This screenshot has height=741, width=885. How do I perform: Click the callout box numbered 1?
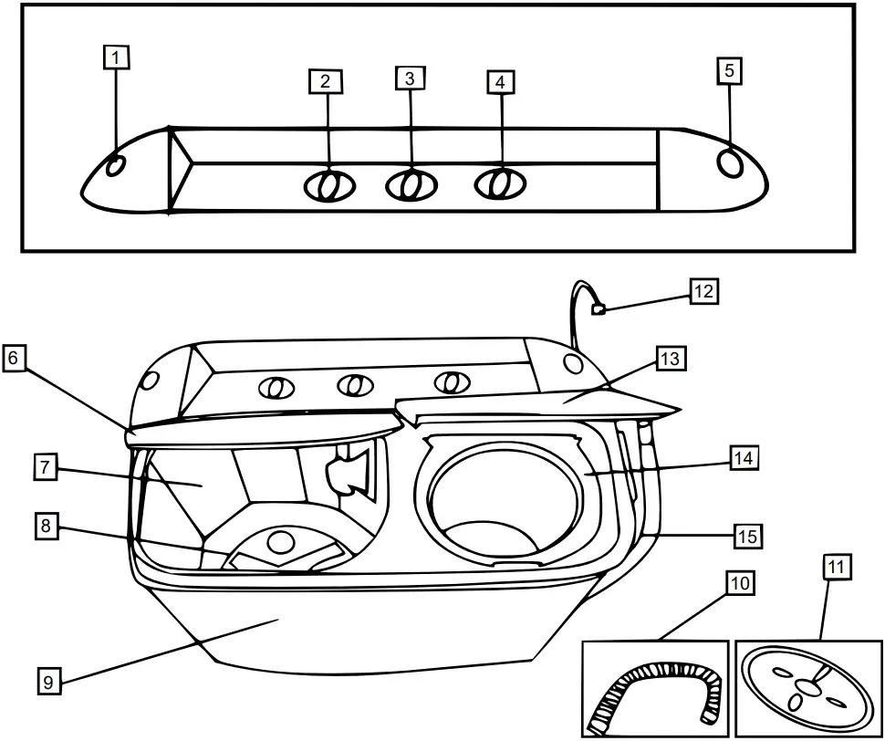tap(115, 57)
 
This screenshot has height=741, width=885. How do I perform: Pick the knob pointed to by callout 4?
tap(499, 183)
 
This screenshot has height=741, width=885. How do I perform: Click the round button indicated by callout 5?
tap(732, 162)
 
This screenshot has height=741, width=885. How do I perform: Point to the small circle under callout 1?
tap(117, 167)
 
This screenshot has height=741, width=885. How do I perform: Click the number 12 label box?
tap(703, 291)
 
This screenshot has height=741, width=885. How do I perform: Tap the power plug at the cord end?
tap(599, 308)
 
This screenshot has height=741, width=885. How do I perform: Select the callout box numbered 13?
tap(670, 359)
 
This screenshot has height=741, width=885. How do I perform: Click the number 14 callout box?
tap(744, 458)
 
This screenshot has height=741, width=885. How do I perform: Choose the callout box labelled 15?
tap(747, 536)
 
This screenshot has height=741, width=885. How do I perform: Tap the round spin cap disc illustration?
tap(808, 689)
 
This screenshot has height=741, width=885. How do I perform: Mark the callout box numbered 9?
tap(51, 680)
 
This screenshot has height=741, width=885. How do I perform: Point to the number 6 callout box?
tap(15, 359)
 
